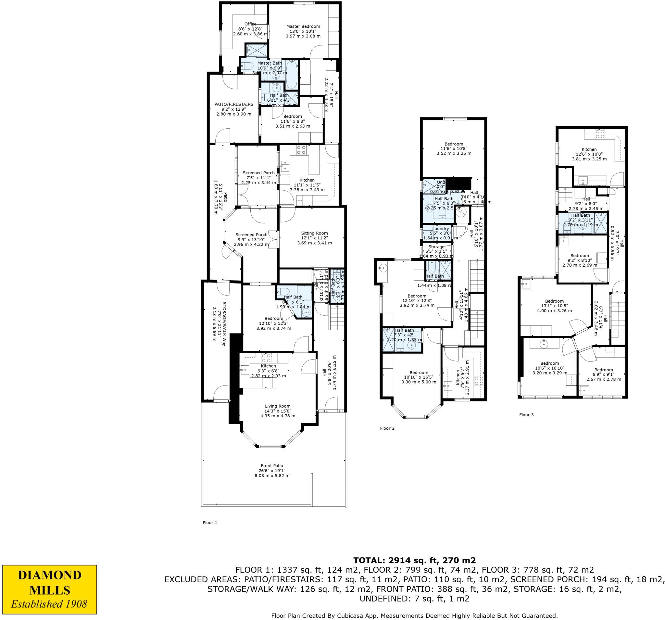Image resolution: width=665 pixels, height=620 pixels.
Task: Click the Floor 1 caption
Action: pos(210,523)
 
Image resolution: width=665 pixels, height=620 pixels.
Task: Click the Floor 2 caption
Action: pos(387,428)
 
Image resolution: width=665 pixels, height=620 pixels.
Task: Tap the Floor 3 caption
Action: pos(526,415)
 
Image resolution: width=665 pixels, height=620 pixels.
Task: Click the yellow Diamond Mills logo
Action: pos(49,585)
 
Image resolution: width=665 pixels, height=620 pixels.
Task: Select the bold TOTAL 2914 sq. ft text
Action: pos(414,561)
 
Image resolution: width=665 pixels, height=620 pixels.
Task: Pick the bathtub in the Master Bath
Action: pos(292,75)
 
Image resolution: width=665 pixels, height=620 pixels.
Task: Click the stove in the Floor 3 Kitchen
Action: pos(599,134)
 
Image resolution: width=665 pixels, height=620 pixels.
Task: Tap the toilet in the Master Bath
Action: pos(248,65)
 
